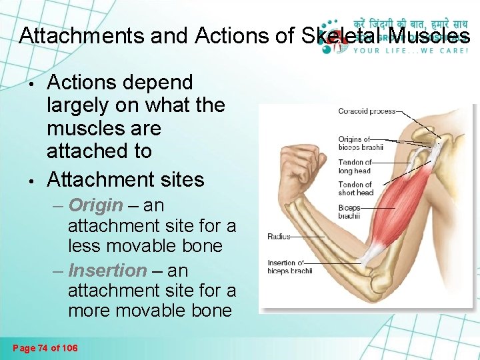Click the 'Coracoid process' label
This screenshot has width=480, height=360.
[x=367, y=111]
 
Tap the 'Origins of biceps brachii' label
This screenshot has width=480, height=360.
[x=361, y=143]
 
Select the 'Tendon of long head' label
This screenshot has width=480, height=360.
[x=355, y=166]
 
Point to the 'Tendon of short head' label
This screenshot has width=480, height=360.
[x=355, y=189]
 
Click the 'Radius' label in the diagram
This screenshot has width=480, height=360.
[x=279, y=237]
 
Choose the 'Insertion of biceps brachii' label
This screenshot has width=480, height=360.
[x=290, y=267]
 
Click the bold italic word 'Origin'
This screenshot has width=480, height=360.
[x=95, y=205]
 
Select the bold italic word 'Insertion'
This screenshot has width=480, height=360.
[x=107, y=271]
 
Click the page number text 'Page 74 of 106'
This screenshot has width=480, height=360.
[x=45, y=347]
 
